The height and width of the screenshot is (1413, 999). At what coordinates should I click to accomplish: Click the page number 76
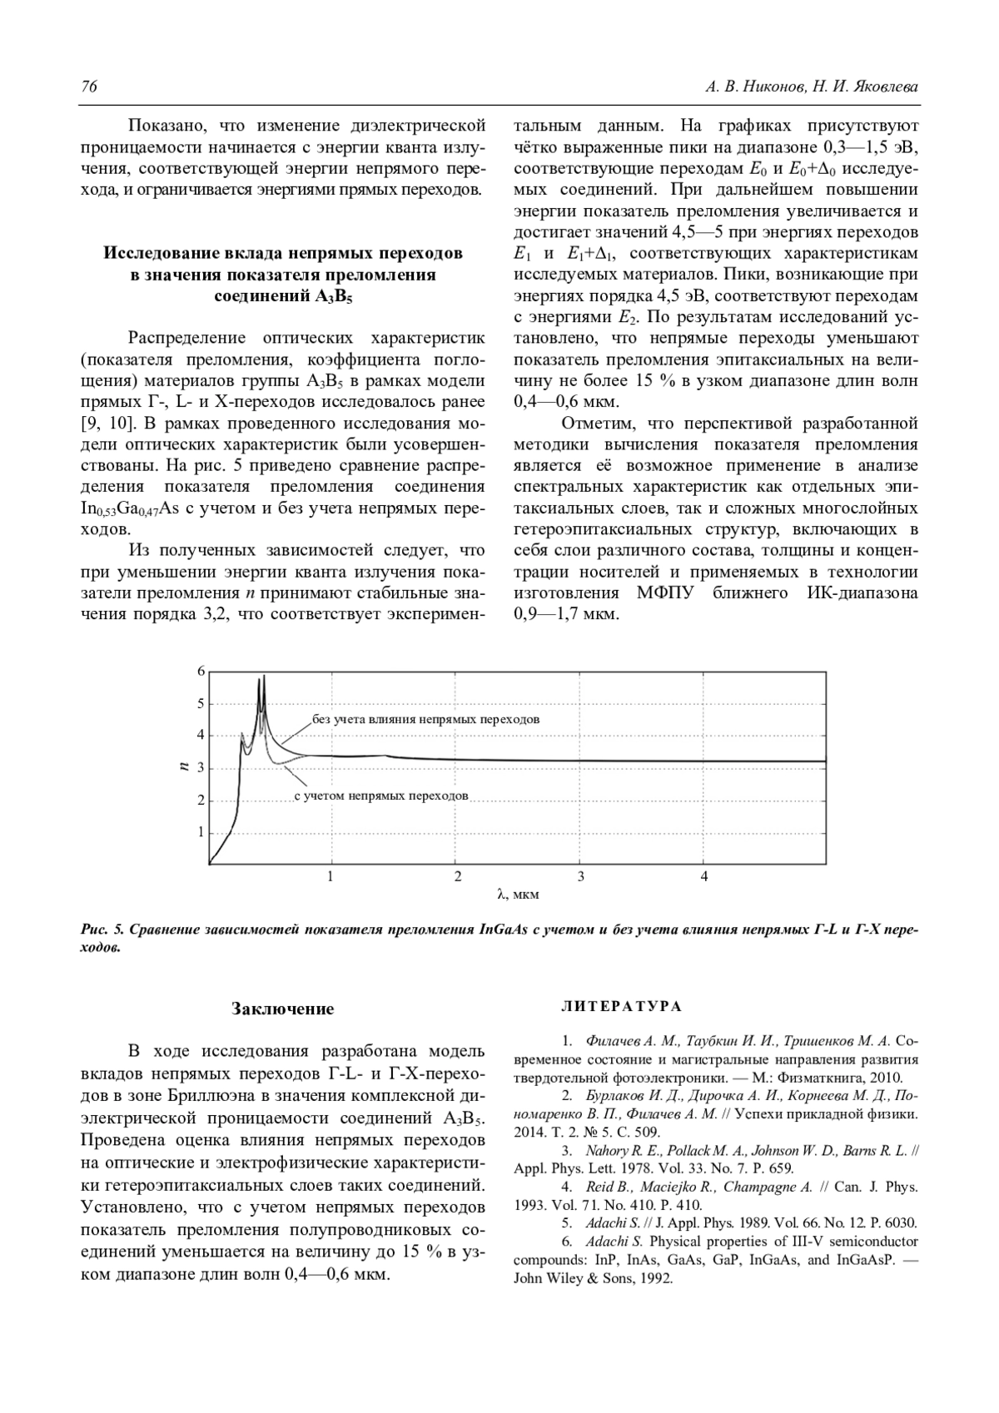point(88,87)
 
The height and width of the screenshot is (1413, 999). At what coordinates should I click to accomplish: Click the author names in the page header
point(811,87)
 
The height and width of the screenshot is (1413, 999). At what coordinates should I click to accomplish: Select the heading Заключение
point(282,1009)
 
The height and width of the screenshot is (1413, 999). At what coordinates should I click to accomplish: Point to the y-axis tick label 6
point(201,671)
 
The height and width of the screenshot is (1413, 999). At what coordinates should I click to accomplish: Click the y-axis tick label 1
point(201,831)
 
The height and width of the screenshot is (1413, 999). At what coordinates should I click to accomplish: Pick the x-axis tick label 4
point(704,876)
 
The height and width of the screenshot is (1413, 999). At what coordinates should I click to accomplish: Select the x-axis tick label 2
point(457,876)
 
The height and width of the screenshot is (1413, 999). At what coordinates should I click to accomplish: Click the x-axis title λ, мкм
point(518,895)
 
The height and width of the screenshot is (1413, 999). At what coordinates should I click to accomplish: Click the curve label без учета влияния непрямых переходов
point(425,719)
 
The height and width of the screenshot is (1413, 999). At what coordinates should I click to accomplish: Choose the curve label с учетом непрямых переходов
point(381,796)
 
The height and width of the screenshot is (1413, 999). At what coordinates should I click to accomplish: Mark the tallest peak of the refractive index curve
point(264,676)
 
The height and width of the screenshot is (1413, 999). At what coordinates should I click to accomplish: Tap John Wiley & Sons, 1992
point(592,1279)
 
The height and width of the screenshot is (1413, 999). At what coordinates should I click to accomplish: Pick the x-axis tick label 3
point(580,876)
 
